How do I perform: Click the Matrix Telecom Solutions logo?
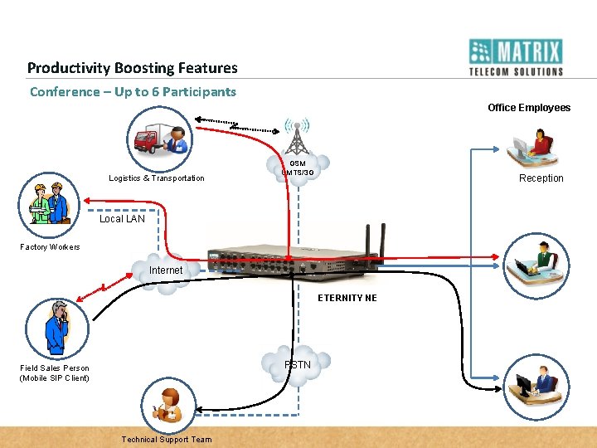click(x=515, y=57)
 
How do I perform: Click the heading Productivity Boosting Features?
click(x=132, y=68)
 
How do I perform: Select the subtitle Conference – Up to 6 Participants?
click(x=133, y=91)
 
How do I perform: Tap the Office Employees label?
click(x=528, y=108)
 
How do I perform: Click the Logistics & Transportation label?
click(x=156, y=178)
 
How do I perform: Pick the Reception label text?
click(x=541, y=178)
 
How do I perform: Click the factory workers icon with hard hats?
click(x=48, y=204)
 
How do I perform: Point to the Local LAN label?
click(x=122, y=219)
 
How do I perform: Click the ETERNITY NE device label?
click(x=347, y=298)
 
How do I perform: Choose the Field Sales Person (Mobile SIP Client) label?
click(x=55, y=373)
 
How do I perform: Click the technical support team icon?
click(x=168, y=403)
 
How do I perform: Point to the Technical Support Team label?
click(x=166, y=440)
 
